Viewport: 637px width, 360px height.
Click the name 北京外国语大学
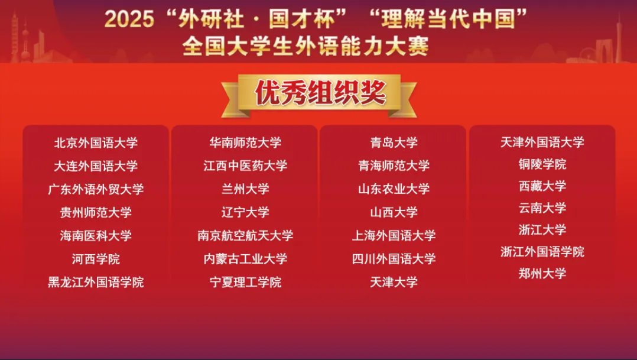pyautogui.click(x=96, y=142)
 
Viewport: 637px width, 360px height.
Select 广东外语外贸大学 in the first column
pyautogui.click(x=96, y=189)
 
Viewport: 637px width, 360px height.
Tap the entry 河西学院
pyautogui.click(x=96, y=259)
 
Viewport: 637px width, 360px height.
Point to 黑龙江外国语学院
pyautogui.click(x=96, y=282)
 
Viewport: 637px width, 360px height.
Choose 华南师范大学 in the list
pyautogui.click(x=245, y=142)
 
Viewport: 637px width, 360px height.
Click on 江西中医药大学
pyautogui.click(x=245, y=166)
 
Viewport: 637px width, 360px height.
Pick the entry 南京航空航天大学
pyautogui.click(x=245, y=235)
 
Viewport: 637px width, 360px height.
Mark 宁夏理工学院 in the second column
pyautogui.click(x=245, y=282)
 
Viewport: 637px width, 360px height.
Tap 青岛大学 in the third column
pyautogui.click(x=394, y=142)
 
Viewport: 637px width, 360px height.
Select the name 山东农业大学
pyautogui.click(x=394, y=189)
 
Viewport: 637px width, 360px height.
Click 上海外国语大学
pyautogui.click(x=394, y=235)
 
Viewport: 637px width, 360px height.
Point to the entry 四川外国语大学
pyautogui.click(x=394, y=258)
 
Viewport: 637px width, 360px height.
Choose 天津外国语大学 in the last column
pyautogui.click(x=542, y=142)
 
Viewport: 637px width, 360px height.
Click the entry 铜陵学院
pyautogui.click(x=542, y=164)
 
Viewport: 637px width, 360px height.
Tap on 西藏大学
pyautogui.click(x=542, y=186)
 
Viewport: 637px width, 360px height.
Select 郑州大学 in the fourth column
pyautogui.click(x=542, y=273)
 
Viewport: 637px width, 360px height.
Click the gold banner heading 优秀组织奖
pyautogui.click(x=320, y=93)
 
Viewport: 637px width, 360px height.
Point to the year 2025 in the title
pyautogui.click(x=129, y=19)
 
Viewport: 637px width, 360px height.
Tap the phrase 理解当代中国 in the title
pyautogui.click(x=448, y=19)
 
